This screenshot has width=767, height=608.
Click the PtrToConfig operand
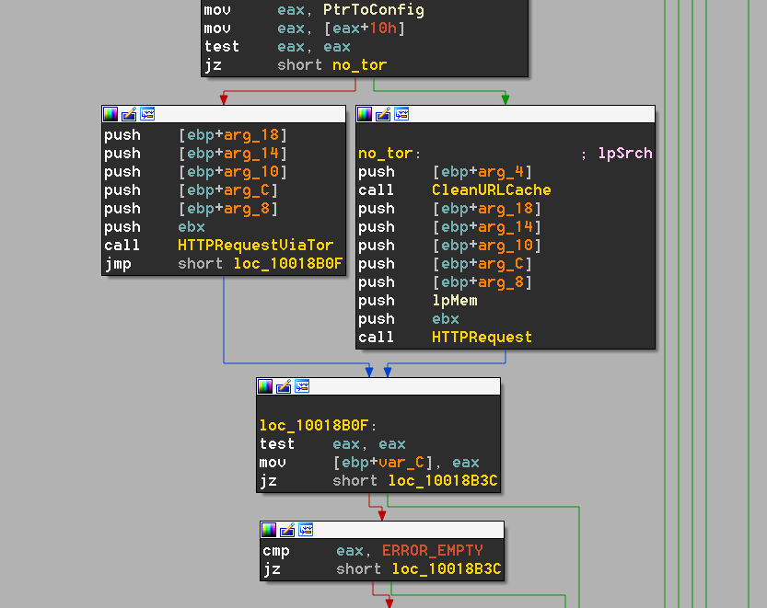coord(374,10)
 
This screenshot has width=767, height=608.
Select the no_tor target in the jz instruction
coord(359,65)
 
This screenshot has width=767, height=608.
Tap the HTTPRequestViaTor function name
coord(255,245)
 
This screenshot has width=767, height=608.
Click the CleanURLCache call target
coord(491,189)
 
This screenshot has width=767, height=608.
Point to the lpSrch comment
coord(625,154)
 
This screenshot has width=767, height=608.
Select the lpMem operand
coord(455,300)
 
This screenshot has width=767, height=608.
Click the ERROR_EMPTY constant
coord(433,551)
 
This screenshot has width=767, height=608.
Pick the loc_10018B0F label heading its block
coord(314,425)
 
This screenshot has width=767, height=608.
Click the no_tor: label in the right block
coord(389,154)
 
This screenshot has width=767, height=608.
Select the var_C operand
coord(401,463)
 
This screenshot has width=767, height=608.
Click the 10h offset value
coord(382,29)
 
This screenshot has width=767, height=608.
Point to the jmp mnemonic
coord(118,264)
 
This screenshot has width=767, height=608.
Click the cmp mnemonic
coord(276,551)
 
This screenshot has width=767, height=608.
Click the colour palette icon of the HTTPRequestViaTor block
coord(110,114)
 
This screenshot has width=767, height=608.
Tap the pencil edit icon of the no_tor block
coord(383,114)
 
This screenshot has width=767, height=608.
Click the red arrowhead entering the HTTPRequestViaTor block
coord(224,99)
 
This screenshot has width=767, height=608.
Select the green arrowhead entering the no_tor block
coord(506,99)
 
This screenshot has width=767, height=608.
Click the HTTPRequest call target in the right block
coord(482,338)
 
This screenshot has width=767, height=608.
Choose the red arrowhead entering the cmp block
coord(382,515)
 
